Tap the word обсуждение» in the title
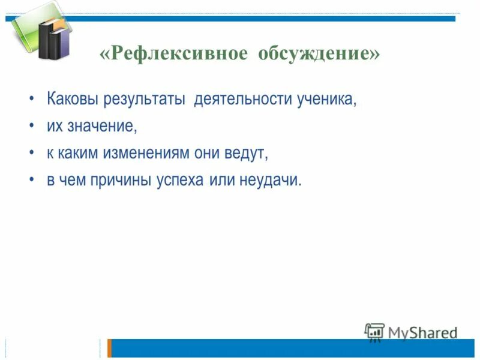(320, 53)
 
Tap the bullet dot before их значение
(31, 127)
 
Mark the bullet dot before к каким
(31, 154)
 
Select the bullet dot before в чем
(31, 181)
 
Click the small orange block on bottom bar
(110, 348)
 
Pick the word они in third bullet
(211, 154)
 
